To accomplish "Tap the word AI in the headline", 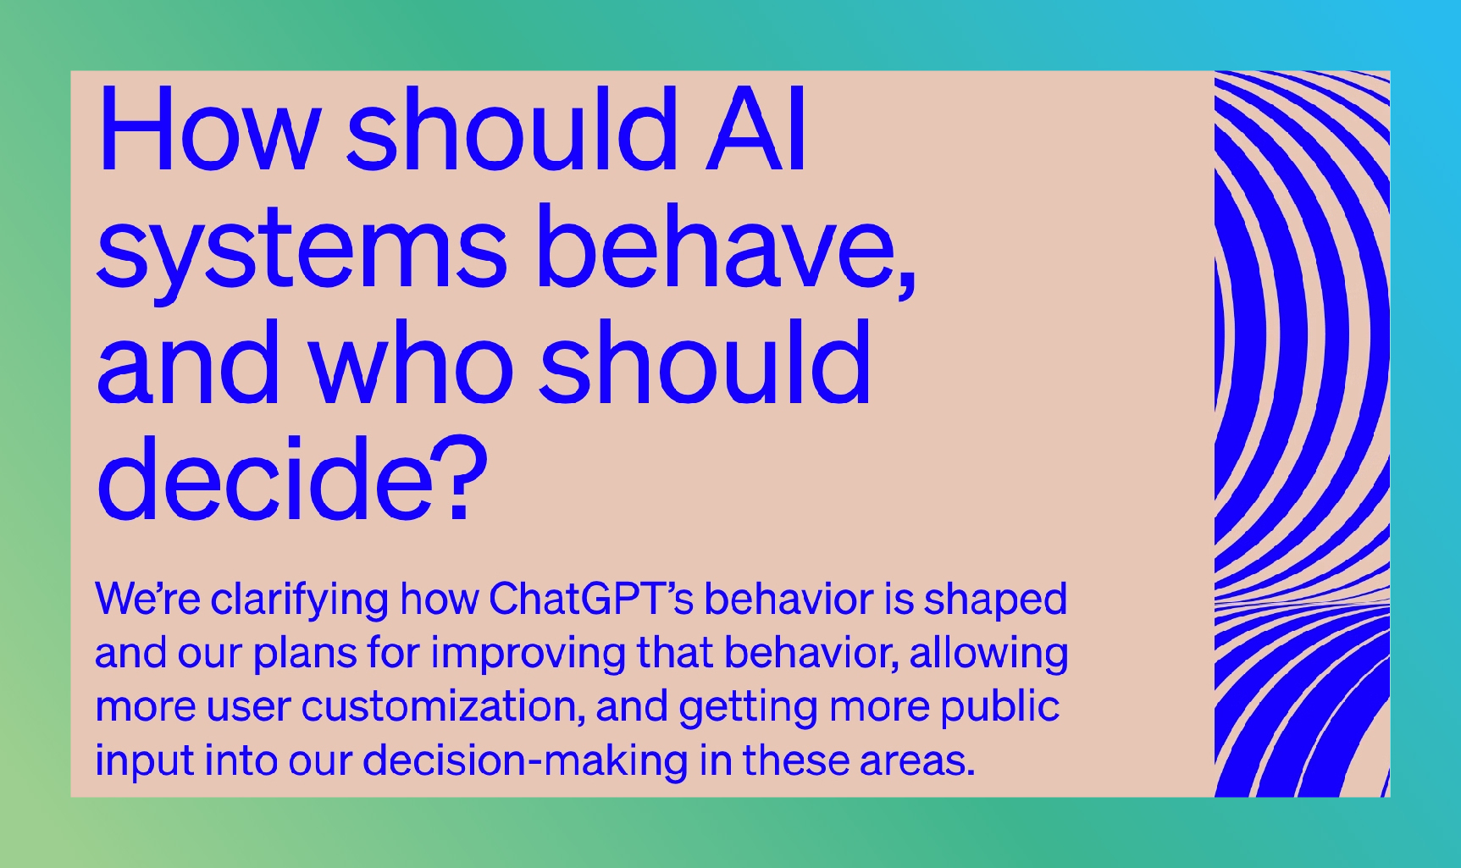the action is (755, 130).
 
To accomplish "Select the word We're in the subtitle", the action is (147, 599).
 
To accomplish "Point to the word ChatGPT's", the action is (591, 599).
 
